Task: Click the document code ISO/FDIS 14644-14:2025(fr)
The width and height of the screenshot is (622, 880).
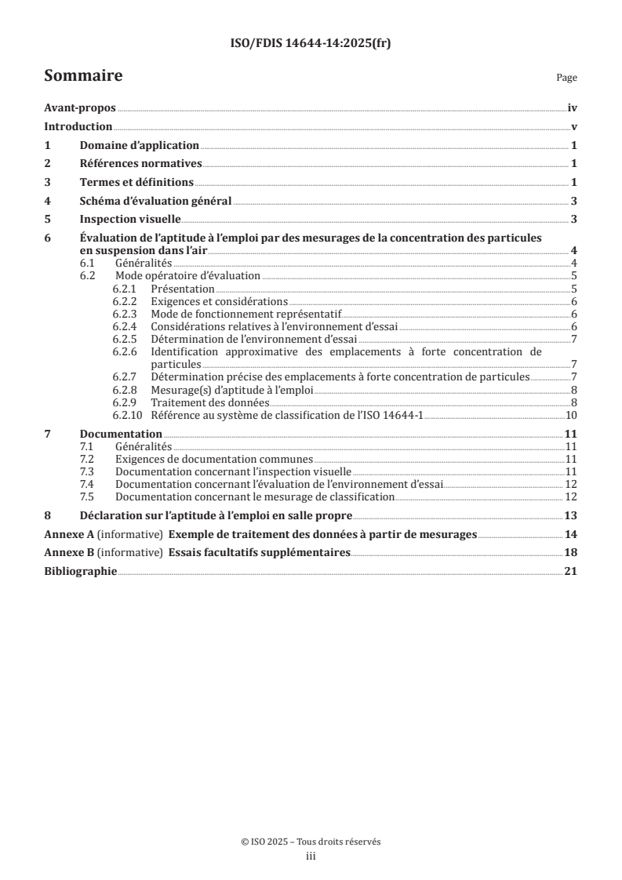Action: pos(311,44)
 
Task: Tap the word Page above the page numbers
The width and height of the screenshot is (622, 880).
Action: pos(566,78)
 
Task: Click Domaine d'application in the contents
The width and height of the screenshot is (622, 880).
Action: pos(140,146)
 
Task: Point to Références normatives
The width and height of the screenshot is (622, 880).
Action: pos(141,164)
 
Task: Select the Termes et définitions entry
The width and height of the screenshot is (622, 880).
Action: pos(136,182)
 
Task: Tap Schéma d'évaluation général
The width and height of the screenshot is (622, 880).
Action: pos(155,201)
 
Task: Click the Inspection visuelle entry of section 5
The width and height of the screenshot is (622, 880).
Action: pos(130,219)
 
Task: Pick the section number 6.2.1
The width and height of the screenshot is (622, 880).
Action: pos(125,289)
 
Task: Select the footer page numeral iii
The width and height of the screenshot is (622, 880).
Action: pos(311,856)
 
